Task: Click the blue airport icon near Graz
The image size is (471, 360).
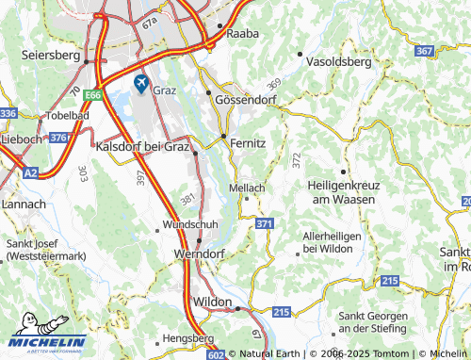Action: pyautogui.click(x=141, y=84)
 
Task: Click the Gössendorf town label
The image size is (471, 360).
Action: pyautogui.click(x=249, y=98)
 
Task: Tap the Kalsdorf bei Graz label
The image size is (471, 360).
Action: pyautogui.click(x=143, y=146)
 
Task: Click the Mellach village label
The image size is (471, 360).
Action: pyautogui.click(x=247, y=188)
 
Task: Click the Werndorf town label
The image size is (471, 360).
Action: pyautogui.click(x=198, y=254)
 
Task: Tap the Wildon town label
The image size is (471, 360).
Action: pyautogui.click(x=211, y=301)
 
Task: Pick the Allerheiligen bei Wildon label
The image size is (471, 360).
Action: pyautogui.click(x=327, y=241)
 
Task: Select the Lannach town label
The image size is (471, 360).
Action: pyautogui.click(x=24, y=204)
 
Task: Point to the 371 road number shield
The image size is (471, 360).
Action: pyautogui.click(x=265, y=223)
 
